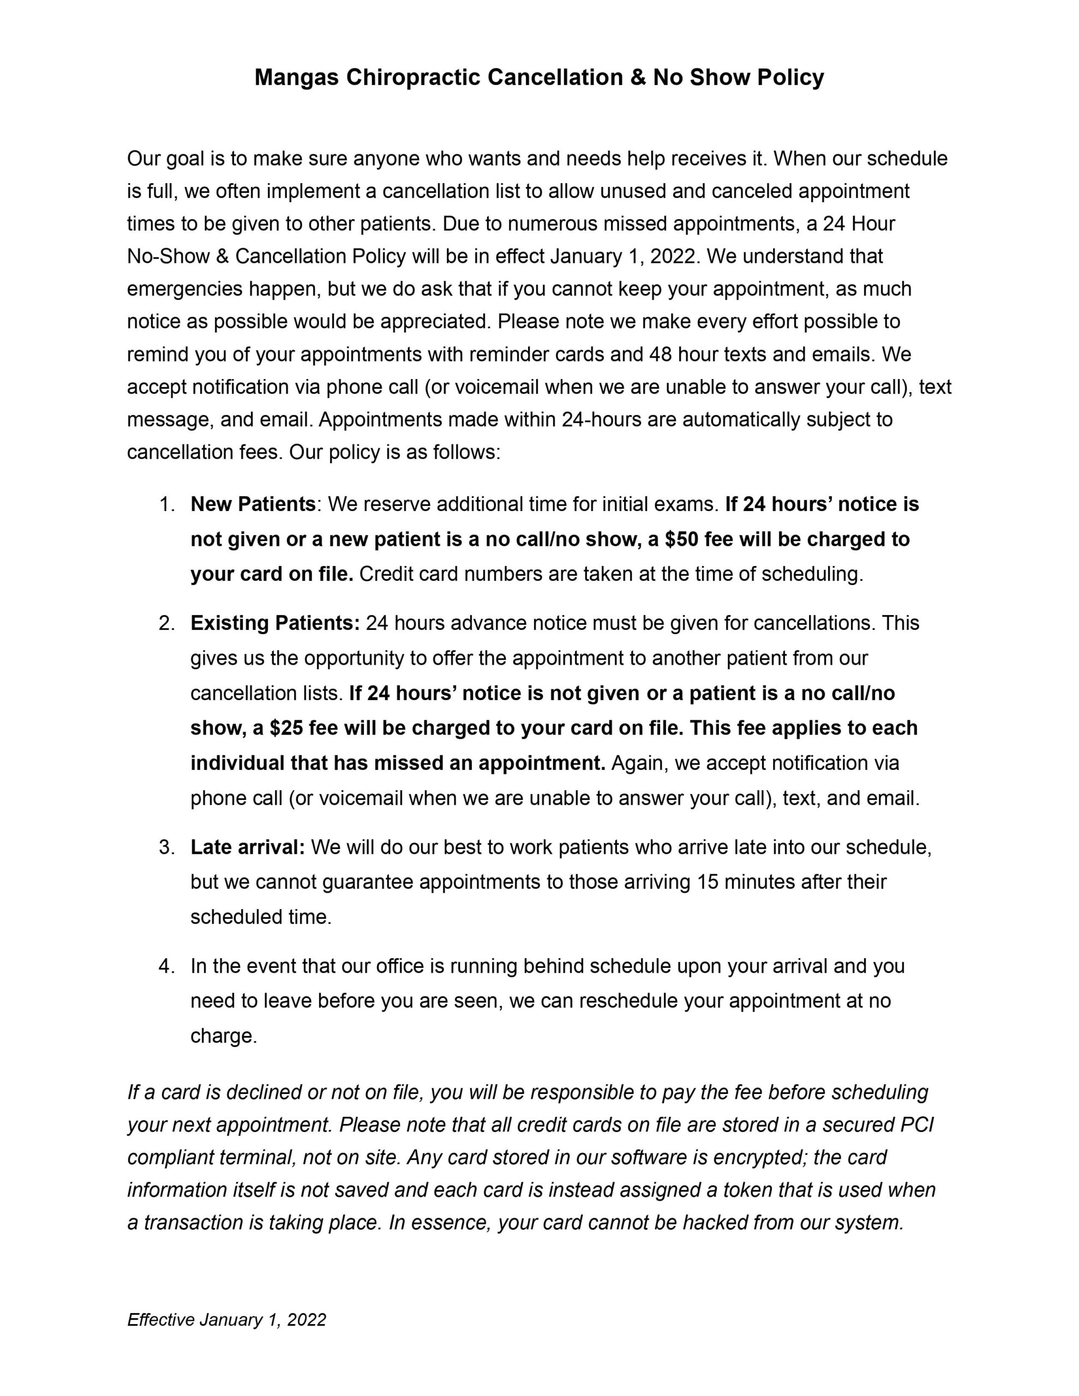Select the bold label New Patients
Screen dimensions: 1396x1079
tap(253, 504)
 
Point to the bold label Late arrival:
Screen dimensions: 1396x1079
tap(248, 847)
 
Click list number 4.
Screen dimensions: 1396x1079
tap(166, 966)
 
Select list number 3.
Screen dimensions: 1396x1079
tap(166, 847)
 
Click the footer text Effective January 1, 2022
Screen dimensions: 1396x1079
tap(226, 1320)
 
